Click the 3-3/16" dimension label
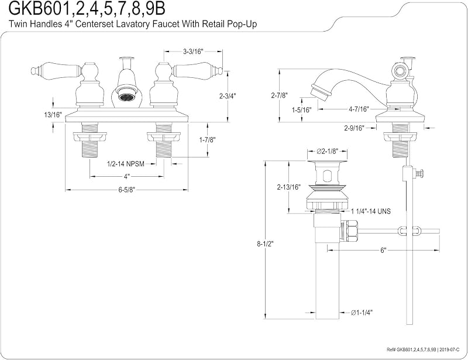tap(193, 52)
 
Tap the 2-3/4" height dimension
tap(228, 96)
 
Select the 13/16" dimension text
tap(53, 115)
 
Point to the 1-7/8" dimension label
tap(207, 139)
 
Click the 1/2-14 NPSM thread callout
tap(126, 164)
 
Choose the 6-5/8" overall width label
tap(127, 190)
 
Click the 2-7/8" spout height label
tap(279, 95)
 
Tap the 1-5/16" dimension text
tap(301, 110)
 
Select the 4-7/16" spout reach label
tap(359, 109)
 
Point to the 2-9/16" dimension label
tap(355, 128)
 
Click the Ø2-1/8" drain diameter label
tap(327, 152)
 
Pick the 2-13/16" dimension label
tap(288, 187)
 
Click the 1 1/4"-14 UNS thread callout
tap(371, 211)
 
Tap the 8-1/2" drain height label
tap(265, 244)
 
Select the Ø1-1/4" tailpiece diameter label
tap(362, 313)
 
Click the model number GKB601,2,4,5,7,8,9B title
tap(87, 9)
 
